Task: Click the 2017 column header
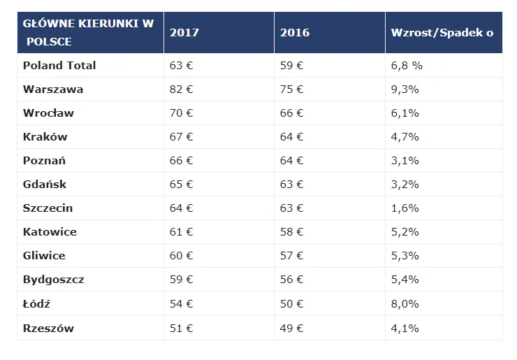184,33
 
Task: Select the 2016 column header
295,33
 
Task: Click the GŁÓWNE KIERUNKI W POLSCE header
88,33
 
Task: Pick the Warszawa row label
53,89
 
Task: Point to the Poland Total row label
59,66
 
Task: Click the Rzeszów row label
48,328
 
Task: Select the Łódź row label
36,304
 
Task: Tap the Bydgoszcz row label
54,280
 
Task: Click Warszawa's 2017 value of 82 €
182,89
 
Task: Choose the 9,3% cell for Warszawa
405,89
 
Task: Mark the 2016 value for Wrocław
292,113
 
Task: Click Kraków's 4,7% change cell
405,137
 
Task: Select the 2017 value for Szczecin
182,208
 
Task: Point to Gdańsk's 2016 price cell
292,185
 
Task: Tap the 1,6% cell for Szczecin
405,208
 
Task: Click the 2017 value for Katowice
182,232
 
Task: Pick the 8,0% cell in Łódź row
405,304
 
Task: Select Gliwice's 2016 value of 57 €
292,256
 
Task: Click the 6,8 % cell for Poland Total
407,66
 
